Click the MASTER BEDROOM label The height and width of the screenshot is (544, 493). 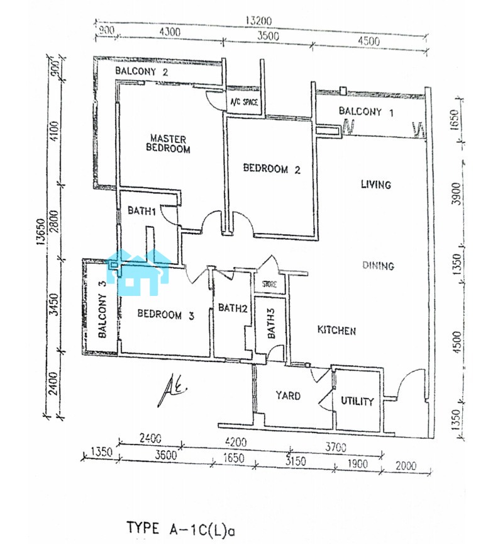[x=168, y=144]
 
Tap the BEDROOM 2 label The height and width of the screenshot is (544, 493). [x=272, y=169]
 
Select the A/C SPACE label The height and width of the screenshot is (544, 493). [x=244, y=102]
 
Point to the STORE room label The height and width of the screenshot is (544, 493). [x=269, y=285]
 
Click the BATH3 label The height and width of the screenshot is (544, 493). [x=271, y=323]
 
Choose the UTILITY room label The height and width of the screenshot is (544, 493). [x=357, y=401]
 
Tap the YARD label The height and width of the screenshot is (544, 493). [x=288, y=395]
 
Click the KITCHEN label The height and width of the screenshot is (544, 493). [x=336, y=330]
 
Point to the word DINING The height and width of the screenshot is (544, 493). [x=378, y=266]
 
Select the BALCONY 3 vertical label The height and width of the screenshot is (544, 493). [x=102, y=309]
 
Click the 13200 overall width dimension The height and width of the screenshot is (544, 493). [x=258, y=21]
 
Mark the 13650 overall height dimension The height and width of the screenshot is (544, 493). [x=41, y=232]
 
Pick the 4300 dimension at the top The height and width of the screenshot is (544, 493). [x=170, y=32]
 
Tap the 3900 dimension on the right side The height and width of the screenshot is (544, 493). [x=457, y=193]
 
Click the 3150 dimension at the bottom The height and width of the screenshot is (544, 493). [x=296, y=461]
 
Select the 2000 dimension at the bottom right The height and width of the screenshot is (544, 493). [x=406, y=465]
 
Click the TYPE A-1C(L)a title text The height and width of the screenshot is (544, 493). [x=180, y=529]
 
